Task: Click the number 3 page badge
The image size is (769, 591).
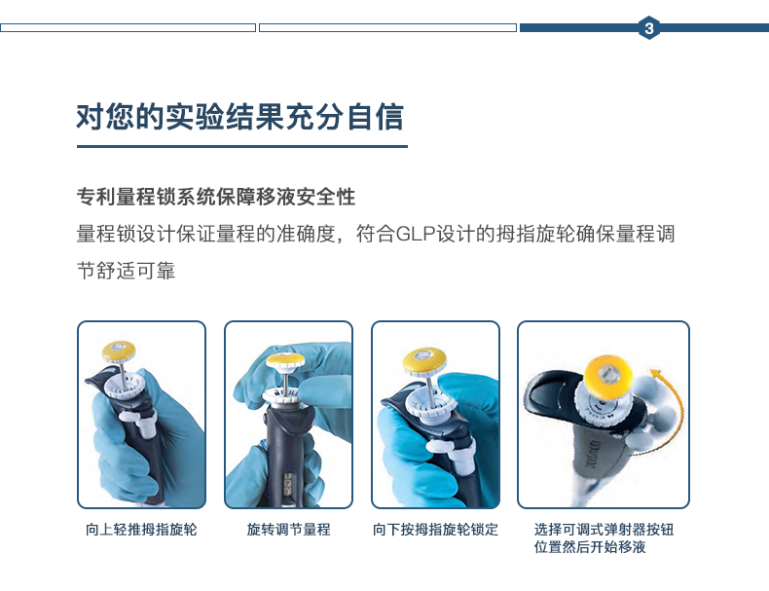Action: (x=649, y=28)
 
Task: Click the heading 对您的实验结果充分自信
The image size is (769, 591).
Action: (x=239, y=116)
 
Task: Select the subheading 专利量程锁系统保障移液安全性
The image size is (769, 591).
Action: (x=215, y=197)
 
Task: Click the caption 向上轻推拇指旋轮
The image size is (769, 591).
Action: (x=141, y=530)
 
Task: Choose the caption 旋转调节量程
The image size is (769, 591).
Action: (x=288, y=530)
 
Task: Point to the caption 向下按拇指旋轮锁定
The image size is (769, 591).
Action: (x=435, y=530)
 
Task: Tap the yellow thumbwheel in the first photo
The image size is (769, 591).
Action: (x=121, y=348)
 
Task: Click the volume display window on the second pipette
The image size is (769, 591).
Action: (x=285, y=480)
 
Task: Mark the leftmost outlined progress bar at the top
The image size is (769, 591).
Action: (x=128, y=28)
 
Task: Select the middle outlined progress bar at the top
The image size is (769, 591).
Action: (x=387, y=28)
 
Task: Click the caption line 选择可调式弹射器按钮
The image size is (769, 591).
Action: (x=604, y=530)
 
